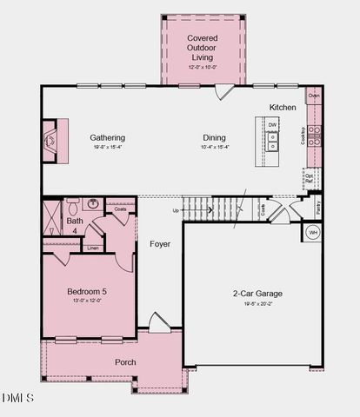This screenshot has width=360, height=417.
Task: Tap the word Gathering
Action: [x=108, y=137]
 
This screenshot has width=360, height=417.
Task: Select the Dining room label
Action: [x=215, y=137]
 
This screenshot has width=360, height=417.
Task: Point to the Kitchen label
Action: [x=283, y=107]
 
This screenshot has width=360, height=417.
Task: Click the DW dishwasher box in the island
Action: [x=272, y=125]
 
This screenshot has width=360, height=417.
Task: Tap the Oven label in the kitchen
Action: [x=314, y=95]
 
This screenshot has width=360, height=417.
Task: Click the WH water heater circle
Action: [x=311, y=233]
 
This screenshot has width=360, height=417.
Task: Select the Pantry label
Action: [x=318, y=208]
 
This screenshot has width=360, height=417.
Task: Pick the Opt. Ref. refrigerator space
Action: [x=310, y=179]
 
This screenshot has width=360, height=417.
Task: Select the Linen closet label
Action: [x=93, y=248]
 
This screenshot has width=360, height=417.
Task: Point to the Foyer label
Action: [x=160, y=244]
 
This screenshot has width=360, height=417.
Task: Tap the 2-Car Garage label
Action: [x=257, y=294]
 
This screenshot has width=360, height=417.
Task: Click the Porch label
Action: [x=126, y=361]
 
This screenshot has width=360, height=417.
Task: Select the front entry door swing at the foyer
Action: [x=159, y=323]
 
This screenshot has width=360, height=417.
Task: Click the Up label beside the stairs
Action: [x=177, y=210]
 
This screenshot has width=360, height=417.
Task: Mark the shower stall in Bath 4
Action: [x=53, y=212]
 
